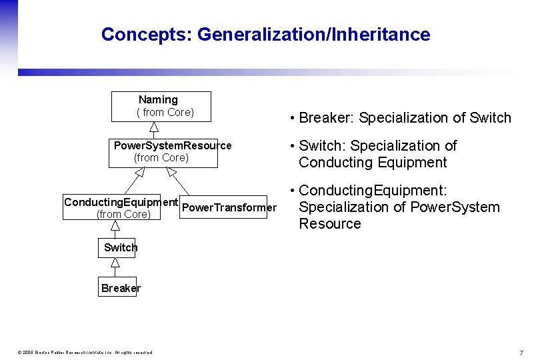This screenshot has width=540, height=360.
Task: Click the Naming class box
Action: click(161, 107)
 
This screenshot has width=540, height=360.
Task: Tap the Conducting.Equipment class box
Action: click(121, 207)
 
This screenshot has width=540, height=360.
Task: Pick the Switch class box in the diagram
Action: click(117, 247)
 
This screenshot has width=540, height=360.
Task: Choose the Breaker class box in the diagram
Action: click(117, 287)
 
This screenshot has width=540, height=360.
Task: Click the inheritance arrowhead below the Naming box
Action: click(153, 127)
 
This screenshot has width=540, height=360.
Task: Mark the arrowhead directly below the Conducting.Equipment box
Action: click(115, 225)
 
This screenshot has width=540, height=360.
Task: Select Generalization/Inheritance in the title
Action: click(314, 34)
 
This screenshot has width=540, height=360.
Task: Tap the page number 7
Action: click(521, 352)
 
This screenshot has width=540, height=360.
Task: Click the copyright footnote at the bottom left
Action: click(85, 352)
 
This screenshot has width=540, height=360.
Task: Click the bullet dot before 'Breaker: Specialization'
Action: click(293, 119)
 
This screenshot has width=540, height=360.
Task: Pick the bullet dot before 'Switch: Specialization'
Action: click(293, 146)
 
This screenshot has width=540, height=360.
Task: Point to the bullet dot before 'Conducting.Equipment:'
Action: click(293, 191)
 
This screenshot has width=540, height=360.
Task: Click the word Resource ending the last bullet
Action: click(330, 224)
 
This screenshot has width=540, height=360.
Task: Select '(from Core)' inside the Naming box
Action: click(165, 113)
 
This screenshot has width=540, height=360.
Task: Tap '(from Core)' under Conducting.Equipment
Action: click(123, 214)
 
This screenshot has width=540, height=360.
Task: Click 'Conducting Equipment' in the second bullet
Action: click(373, 163)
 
